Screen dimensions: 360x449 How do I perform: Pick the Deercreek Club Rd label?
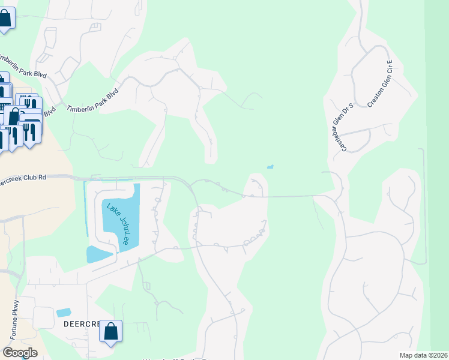pos(23,181)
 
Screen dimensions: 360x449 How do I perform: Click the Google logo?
pos(20,353)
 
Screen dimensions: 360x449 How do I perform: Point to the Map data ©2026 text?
pos(424,355)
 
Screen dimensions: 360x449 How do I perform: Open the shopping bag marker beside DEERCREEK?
pos(111,332)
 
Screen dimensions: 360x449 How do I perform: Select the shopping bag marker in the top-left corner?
pos(5,18)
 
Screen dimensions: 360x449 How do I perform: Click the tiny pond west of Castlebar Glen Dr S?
pos(270,167)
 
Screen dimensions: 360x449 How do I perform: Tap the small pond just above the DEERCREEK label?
pos(63,312)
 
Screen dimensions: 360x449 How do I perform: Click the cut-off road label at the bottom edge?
pos(174,358)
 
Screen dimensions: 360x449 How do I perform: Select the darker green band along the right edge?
pos(438,180)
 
